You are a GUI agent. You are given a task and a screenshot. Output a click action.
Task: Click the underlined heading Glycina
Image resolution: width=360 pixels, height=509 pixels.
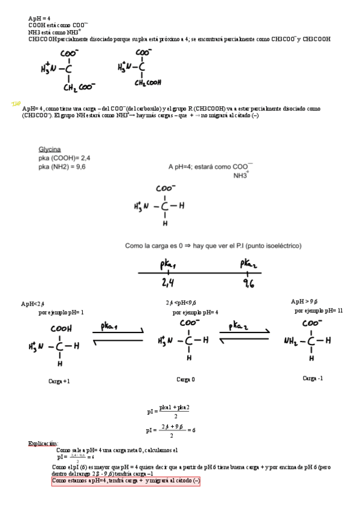(x=50, y=149)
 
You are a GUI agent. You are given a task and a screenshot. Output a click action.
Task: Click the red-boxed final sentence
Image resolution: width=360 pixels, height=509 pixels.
(x=126, y=481)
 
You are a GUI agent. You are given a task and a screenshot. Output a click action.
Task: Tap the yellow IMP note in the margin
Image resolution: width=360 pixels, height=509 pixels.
(x=16, y=104)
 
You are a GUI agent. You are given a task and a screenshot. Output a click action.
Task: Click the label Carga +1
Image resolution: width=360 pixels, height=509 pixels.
(x=59, y=381)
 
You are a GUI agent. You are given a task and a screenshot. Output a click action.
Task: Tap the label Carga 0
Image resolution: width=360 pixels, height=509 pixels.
(x=185, y=379)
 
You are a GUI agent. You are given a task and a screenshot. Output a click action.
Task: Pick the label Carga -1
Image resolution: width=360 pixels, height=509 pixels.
(x=313, y=378)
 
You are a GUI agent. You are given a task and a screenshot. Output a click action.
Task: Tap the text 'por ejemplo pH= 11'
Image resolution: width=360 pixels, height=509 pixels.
(x=319, y=311)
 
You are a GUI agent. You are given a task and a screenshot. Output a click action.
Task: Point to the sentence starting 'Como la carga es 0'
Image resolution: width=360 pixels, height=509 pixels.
(x=213, y=245)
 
